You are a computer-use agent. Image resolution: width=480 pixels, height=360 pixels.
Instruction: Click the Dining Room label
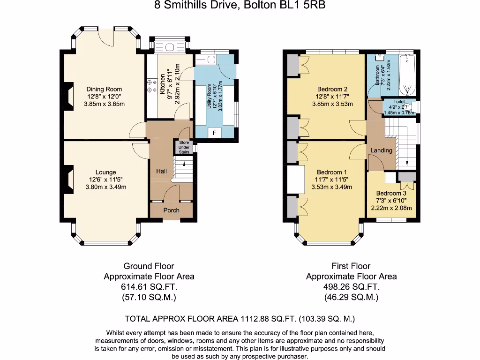[104, 89]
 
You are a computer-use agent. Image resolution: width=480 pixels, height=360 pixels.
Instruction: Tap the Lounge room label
[105, 172]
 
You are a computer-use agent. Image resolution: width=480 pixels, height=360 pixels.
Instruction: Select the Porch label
[171, 210]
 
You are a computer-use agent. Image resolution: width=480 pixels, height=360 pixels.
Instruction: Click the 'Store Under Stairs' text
[183, 147]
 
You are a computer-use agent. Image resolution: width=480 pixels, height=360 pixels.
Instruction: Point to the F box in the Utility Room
[215, 133]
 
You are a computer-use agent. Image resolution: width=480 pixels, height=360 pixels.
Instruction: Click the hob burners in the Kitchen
[151, 84]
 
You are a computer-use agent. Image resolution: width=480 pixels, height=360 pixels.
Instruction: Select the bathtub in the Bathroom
[406, 75]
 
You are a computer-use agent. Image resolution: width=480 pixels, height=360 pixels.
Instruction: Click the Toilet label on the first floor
[399, 102]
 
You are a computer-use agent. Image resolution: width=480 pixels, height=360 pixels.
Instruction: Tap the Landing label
[381, 150]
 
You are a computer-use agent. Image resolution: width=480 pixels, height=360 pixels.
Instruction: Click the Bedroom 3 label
[391, 193]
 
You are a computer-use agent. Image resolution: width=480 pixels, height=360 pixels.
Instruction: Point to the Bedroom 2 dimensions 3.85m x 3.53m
[332, 104]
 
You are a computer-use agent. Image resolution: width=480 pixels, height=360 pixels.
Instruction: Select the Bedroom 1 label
[332, 172]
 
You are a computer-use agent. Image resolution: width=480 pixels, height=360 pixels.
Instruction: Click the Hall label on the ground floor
[161, 171]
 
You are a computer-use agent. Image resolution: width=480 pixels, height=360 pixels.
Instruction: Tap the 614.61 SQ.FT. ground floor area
[149, 287]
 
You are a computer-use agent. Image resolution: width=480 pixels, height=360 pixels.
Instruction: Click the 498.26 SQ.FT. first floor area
[351, 287]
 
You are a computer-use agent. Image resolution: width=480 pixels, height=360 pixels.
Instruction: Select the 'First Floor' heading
[351, 266]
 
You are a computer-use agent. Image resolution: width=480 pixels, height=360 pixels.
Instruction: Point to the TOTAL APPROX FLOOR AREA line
[240, 319]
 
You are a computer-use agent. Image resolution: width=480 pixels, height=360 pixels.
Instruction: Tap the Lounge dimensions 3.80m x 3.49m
[105, 187]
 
